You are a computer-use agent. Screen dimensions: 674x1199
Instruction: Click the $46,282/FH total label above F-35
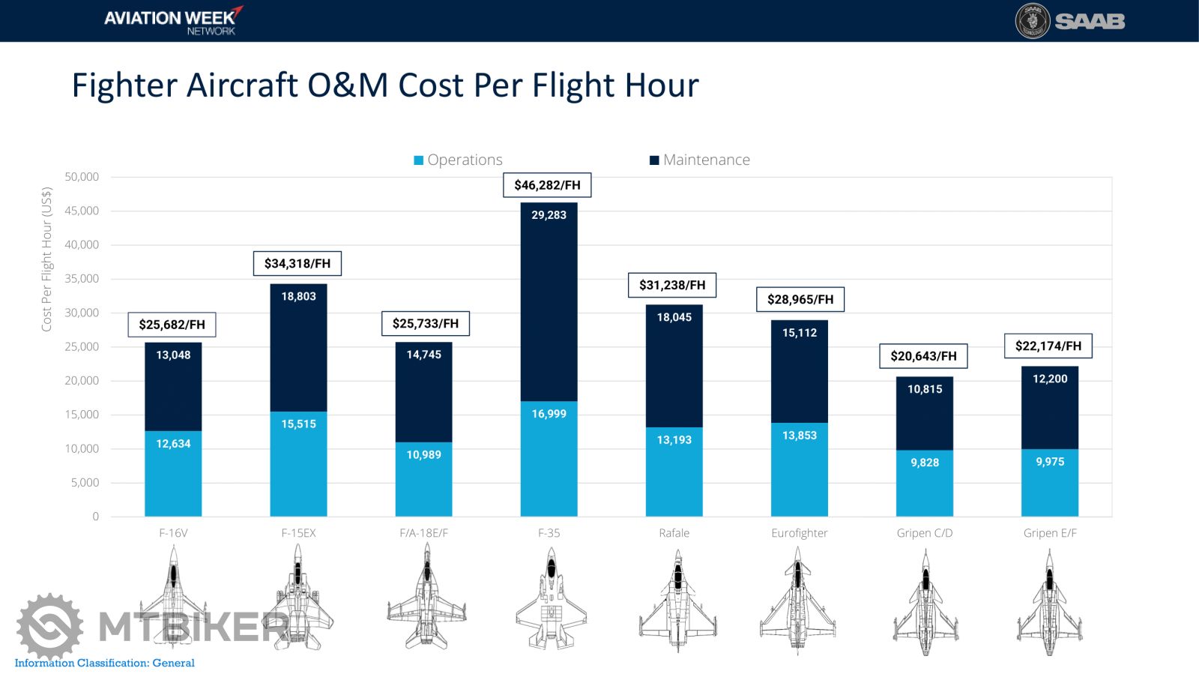point(547,185)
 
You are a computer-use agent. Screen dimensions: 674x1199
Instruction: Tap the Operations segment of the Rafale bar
point(674,472)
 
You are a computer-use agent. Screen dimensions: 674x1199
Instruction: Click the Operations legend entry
point(458,160)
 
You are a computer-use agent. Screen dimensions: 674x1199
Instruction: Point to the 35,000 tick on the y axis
point(82,278)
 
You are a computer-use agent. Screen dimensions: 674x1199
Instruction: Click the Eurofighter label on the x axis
point(799,533)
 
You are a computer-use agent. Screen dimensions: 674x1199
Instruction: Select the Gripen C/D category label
point(924,533)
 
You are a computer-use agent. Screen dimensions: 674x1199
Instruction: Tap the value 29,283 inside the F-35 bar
point(549,215)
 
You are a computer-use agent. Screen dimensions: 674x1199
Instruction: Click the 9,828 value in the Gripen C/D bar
point(924,463)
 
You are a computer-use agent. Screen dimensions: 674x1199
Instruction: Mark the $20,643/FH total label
point(923,356)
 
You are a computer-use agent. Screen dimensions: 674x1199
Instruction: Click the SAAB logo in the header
point(1069,21)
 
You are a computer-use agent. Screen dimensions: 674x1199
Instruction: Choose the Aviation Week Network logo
point(173,21)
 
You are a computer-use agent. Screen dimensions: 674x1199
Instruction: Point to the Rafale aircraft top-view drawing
point(677,600)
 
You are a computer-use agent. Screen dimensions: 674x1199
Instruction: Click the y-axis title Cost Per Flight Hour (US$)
point(46,259)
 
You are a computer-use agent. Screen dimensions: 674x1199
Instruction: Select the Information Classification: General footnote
point(104,663)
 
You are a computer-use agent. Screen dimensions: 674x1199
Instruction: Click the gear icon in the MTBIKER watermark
point(49,627)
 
